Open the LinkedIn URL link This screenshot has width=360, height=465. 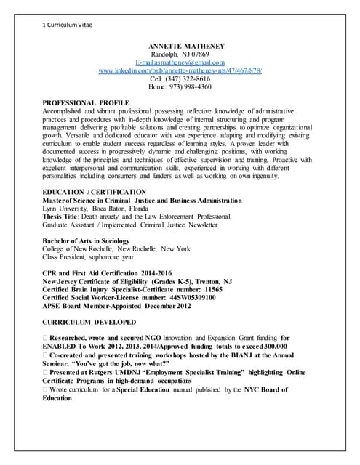pos(180,70)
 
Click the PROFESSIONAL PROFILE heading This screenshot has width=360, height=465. pos(86,102)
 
